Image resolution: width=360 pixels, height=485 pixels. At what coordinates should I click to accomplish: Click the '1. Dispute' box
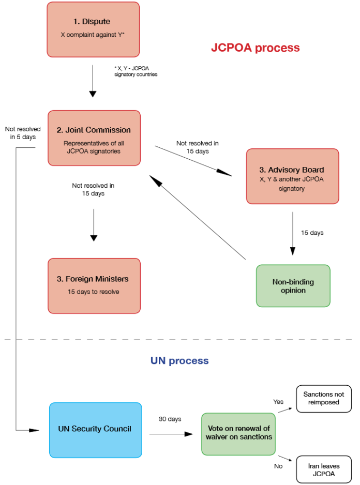93,29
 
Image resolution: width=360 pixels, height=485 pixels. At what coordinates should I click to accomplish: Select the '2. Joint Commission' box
94,138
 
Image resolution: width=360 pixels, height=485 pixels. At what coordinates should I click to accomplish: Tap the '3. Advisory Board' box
292,176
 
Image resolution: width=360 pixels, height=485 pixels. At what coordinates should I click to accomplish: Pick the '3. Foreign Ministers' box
94,285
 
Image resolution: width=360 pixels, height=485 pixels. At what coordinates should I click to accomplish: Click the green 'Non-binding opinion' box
293,286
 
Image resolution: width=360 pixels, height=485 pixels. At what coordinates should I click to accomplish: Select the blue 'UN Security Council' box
95,429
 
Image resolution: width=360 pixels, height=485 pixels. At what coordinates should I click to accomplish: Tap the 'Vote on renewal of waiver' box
238,434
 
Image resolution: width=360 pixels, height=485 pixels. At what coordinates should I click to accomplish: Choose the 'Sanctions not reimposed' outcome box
324,398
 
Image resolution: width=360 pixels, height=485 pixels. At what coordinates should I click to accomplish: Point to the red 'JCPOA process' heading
255,48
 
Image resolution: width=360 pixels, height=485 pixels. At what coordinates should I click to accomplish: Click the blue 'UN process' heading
179,361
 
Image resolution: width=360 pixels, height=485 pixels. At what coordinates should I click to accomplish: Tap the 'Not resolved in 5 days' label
20,133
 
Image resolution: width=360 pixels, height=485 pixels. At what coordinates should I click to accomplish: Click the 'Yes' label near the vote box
278,401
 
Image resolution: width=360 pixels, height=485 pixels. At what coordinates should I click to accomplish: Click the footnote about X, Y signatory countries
136,71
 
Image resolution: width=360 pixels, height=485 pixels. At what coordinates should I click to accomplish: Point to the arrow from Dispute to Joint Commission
93,81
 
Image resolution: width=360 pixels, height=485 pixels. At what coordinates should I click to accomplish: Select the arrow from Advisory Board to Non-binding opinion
292,233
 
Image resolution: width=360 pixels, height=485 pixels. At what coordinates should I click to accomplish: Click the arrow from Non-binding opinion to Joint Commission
198,217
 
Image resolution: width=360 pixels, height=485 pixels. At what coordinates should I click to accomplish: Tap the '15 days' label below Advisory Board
312,233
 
